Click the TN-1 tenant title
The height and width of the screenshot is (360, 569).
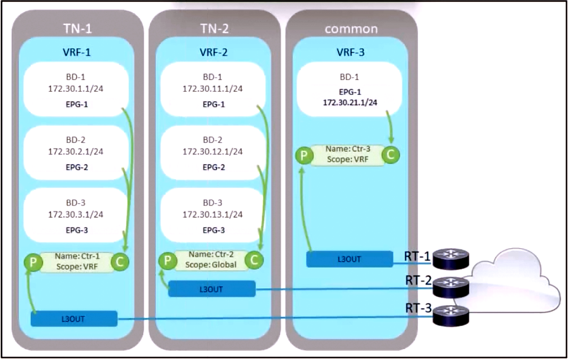pos(77,29)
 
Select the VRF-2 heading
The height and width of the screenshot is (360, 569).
pos(214,52)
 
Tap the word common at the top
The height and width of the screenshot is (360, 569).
pos(351,29)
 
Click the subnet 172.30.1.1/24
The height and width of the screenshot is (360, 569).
pos(76,89)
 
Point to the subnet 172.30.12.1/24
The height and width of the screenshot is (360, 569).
pos(212,151)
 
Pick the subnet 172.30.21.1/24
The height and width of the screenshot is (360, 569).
pos(350,102)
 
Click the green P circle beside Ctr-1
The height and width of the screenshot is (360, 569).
pos(33,262)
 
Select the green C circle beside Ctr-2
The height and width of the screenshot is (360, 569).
pos(254,260)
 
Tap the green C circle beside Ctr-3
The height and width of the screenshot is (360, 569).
pos(390,155)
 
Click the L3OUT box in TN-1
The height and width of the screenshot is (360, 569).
pos(74,319)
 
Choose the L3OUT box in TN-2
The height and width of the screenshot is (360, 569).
pos(211,289)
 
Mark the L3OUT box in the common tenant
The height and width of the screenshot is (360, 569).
pos(349,259)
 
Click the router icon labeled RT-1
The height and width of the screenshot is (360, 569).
pos(451,259)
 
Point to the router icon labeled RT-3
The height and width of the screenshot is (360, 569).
pos(451,315)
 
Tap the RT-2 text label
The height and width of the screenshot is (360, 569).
pos(418,280)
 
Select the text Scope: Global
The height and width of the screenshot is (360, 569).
pos(210,265)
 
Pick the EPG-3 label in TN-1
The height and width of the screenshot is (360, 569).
pos(77,230)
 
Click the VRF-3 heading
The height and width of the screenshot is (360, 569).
pos(350,52)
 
